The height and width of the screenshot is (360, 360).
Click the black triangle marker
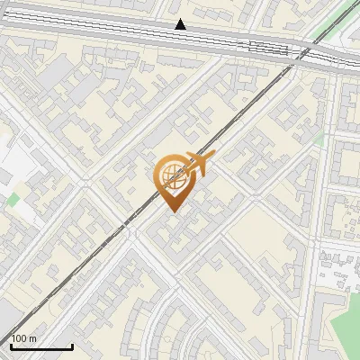click(181, 24)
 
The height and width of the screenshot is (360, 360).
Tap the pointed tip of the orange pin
click(172, 212)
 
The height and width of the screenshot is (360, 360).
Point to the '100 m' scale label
click(24, 338)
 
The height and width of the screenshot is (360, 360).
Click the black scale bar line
click(41, 346)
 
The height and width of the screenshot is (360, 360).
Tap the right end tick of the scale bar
click(72, 345)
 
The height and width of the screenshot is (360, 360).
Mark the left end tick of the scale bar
click(11, 345)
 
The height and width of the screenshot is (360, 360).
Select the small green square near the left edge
click(13, 199)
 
